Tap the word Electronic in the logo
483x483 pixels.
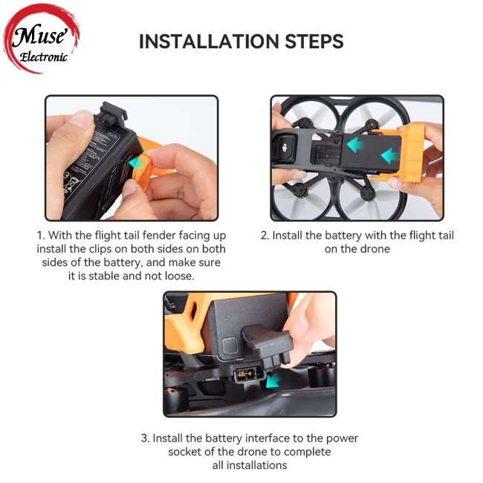point(43,56)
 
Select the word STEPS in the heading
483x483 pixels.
point(314,42)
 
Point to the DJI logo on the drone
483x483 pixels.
point(285,148)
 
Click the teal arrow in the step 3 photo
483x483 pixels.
point(273,380)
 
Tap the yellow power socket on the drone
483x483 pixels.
point(246,375)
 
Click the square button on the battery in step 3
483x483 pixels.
point(230,346)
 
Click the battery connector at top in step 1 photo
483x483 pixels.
point(113,114)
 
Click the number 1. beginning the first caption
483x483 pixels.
point(41,236)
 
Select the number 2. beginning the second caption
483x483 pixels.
point(265,236)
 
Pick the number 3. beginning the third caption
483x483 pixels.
point(146,438)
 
